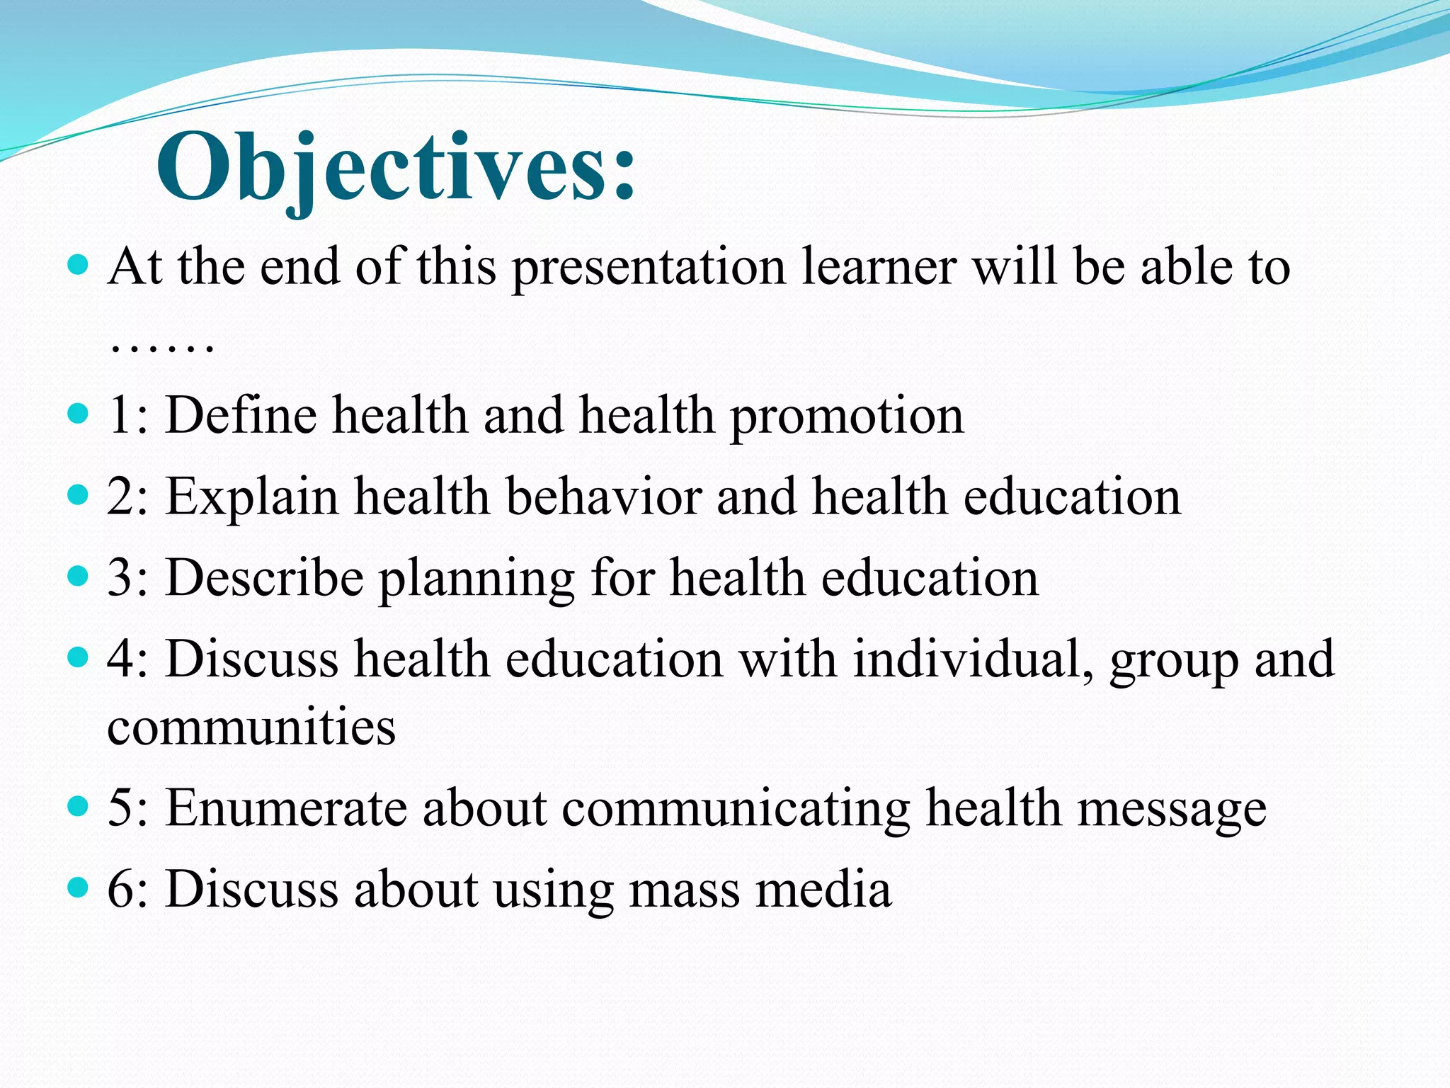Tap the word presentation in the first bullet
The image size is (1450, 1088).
click(649, 269)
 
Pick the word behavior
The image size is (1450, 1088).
click(603, 496)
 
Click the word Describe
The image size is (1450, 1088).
click(264, 577)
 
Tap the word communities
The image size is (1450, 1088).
click(251, 727)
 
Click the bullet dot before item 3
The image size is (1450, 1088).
click(78, 575)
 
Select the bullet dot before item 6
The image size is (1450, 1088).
click(78, 887)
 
